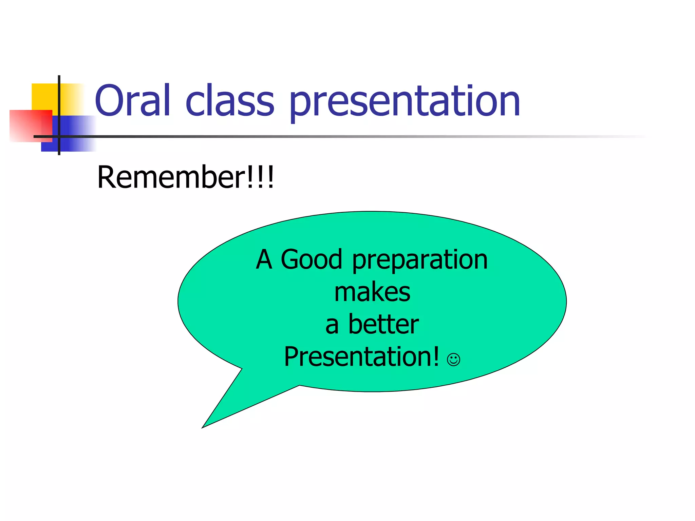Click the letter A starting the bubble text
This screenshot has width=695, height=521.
click(x=264, y=259)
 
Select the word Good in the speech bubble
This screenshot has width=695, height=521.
click(x=311, y=259)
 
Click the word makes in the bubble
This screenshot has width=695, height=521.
click(x=372, y=292)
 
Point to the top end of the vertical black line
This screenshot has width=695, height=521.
click(x=59, y=77)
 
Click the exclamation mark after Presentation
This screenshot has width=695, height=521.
click(x=436, y=356)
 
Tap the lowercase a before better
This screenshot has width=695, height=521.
click(x=332, y=326)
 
